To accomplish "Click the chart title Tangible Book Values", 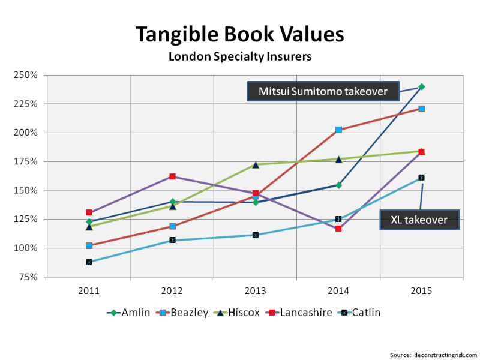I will click(x=239, y=34).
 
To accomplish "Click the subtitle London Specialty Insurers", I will click(x=239, y=57).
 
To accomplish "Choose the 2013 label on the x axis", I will click(x=255, y=291).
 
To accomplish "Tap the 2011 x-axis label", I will click(x=89, y=291).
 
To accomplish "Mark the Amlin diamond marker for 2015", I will click(x=421, y=86).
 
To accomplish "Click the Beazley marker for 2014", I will click(x=338, y=130).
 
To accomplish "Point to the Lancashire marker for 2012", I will click(x=172, y=176).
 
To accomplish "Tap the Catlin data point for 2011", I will click(x=89, y=262).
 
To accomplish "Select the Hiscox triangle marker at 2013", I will click(x=256, y=164).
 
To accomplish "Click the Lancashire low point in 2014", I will click(x=338, y=229).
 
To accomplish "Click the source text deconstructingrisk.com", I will click(x=433, y=354).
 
